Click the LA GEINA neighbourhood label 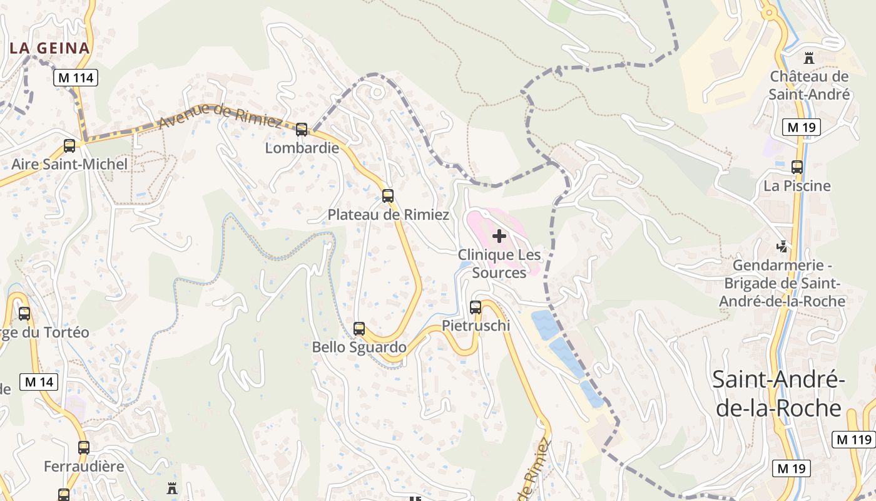pos(50,48)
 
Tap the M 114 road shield pos(75,78)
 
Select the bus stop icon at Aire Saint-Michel pos(69,146)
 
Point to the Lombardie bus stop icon pos(302,130)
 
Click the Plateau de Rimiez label pos(388,215)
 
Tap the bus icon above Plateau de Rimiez pos(388,196)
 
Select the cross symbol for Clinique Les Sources pos(499,236)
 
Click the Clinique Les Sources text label pos(499,264)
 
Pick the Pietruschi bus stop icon pos(476,307)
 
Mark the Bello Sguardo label pos(359,347)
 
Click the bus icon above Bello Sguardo pos(359,329)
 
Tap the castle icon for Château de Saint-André pos(809,58)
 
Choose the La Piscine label pos(797,186)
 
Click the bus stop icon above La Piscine pos(797,167)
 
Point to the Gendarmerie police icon pos(782,246)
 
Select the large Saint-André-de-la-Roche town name pos(779,393)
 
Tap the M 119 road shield pos(853,440)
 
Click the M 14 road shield pos(39,382)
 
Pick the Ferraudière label pos(84,467)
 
